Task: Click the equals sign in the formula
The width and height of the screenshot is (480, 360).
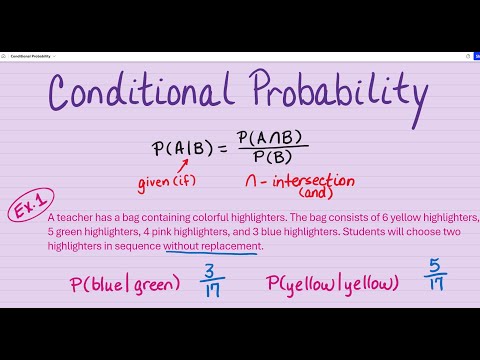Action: (x=224, y=151)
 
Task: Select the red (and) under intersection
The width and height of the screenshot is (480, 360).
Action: (x=314, y=195)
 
